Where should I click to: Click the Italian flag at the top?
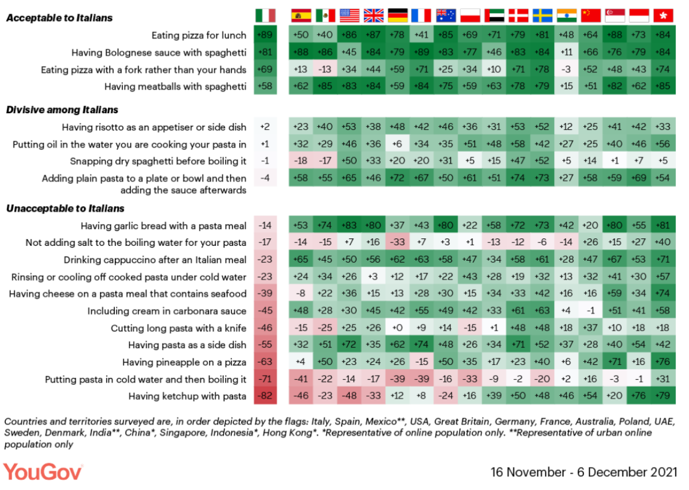265,16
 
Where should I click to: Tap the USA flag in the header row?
349,16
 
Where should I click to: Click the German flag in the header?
397,16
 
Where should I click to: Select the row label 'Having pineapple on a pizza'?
184,362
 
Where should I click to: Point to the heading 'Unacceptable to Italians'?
65,209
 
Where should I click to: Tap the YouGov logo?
43,472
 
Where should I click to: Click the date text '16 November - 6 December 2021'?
583,472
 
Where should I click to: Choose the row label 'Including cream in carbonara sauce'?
167,311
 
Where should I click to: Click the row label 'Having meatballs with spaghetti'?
175,87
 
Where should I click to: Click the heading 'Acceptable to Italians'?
60,18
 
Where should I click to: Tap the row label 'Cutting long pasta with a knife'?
179,329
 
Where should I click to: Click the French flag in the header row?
421,16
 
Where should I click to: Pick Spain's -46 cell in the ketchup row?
301,396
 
